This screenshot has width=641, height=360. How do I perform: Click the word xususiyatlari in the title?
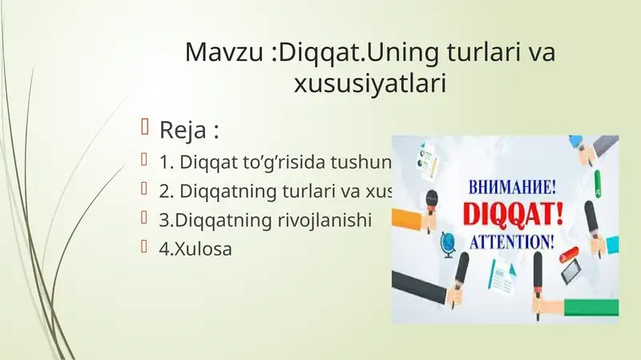pyautogui.click(x=371, y=83)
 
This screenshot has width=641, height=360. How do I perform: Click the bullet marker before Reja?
pyautogui.click(x=145, y=128)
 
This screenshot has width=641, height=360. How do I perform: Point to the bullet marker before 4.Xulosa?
pyautogui.click(x=145, y=248)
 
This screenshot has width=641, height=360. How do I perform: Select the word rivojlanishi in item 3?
pyautogui.click(x=328, y=220)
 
